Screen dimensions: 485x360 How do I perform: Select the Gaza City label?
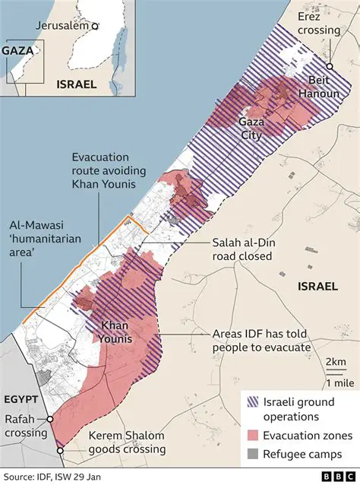coord(251,128)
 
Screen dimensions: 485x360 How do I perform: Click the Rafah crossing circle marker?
coord(50,419)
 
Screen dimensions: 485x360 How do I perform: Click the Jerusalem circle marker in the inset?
coord(95,26)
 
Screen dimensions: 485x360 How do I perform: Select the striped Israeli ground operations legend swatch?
coord(251,402)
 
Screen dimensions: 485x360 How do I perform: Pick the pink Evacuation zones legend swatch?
coord(251,436)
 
